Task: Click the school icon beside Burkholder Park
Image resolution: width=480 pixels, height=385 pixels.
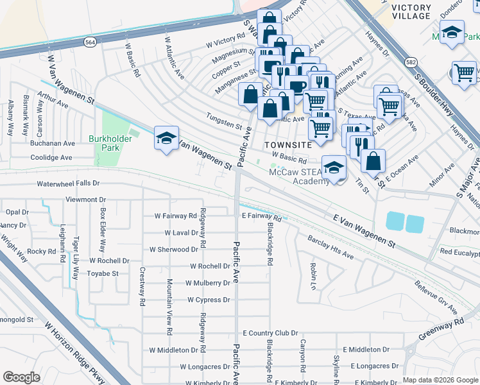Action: [x=166, y=139]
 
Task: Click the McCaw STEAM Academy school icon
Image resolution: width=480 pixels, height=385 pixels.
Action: [x=333, y=168]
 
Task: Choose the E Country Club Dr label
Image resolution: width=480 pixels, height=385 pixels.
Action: [x=270, y=333]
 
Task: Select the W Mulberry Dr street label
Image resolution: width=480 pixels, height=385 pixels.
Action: [x=207, y=283]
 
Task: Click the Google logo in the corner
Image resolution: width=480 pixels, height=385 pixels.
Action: [x=21, y=377]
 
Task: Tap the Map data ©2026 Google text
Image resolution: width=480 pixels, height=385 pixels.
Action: [x=440, y=380]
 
